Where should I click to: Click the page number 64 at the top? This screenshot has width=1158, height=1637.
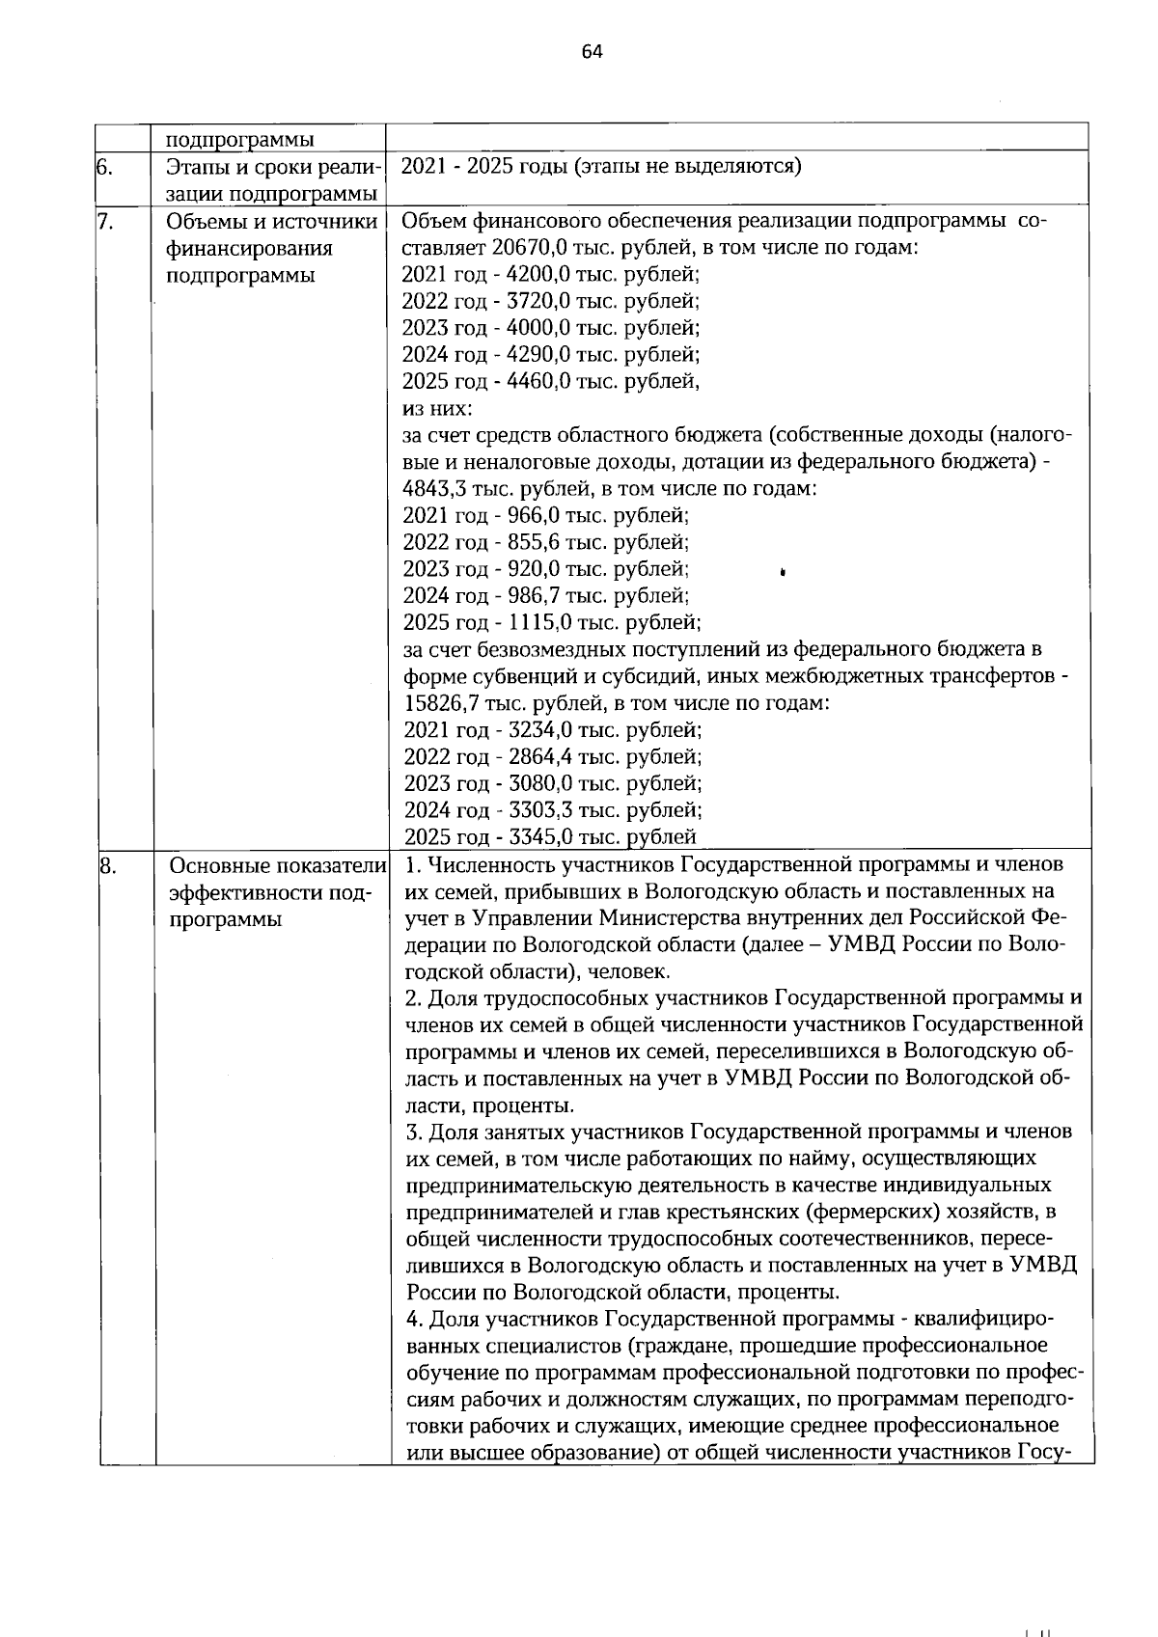tap(592, 52)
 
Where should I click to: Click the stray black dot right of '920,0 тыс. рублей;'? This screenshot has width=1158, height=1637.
tap(783, 572)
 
